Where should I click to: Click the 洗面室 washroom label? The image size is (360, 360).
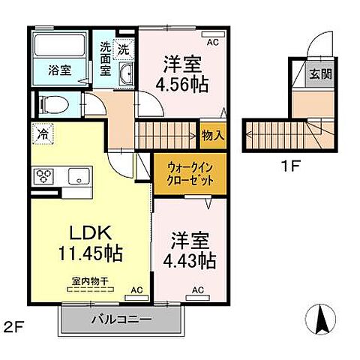point(106,58)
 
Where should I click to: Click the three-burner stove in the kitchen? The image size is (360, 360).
point(43,177)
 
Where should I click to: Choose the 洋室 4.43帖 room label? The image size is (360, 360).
point(187,252)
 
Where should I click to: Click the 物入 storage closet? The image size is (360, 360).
point(212,135)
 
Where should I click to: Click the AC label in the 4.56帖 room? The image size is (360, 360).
point(212,43)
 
